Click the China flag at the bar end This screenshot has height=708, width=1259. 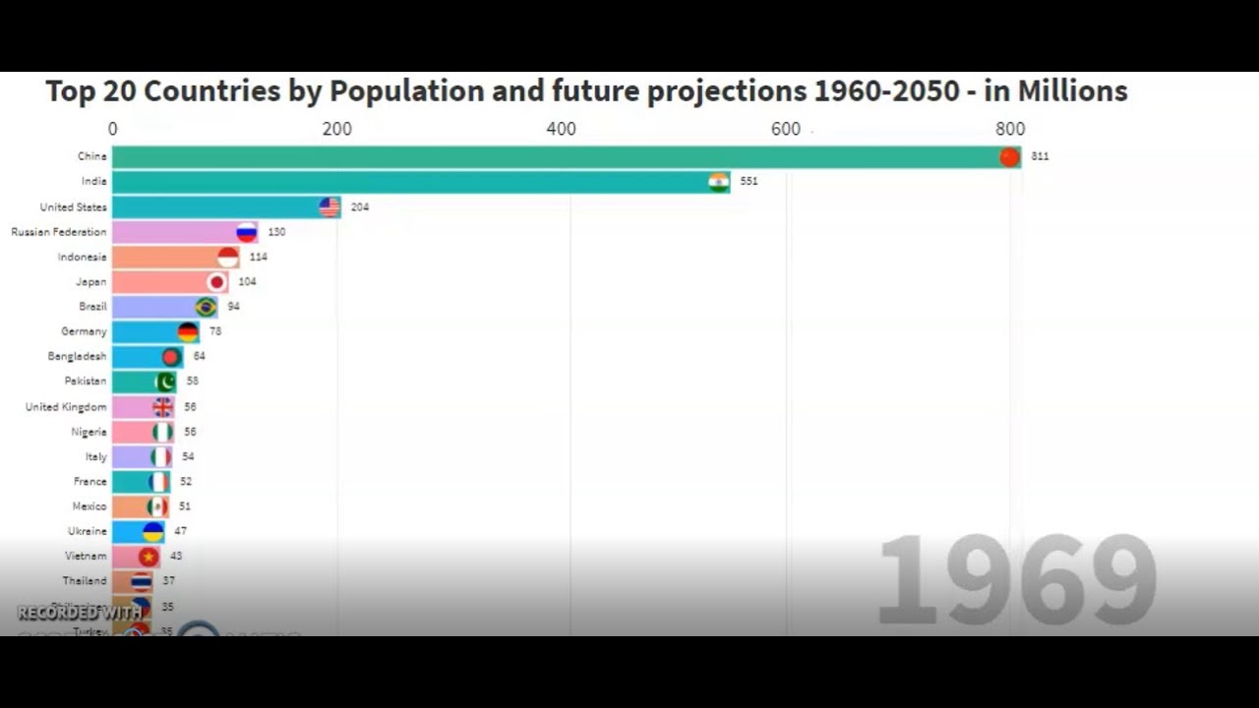tap(1009, 157)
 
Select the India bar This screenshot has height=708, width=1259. tap(413, 182)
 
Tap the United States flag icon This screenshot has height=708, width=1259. tap(330, 206)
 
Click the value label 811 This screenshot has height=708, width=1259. tap(1040, 156)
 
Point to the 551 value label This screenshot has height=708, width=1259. tap(749, 182)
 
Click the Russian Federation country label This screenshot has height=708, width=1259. tap(58, 232)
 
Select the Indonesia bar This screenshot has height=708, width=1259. tap(167, 258)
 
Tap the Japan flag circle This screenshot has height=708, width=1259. tap(216, 282)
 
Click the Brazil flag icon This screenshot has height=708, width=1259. tap(206, 307)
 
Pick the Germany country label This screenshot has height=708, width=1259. tap(84, 331)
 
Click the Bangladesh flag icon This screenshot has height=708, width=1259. tap(171, 357)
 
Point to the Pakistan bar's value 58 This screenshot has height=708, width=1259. tap(193, 382)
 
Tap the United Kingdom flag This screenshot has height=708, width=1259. tap(162, 407)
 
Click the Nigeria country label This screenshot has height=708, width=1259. tap(89, 432)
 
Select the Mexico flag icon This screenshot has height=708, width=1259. tap(157, 506)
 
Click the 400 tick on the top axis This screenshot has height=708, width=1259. tap(561, 129)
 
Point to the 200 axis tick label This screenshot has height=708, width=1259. tap(336, 129)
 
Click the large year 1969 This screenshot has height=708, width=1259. tap(1016, 580)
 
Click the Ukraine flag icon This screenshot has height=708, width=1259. tap(152, 532)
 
